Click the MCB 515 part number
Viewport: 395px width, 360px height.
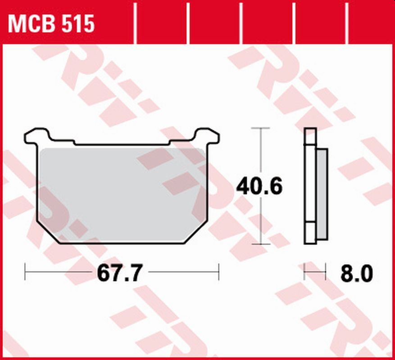(51, 24)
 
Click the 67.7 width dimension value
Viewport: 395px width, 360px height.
(120, 273)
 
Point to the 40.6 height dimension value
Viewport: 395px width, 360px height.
(260, 186)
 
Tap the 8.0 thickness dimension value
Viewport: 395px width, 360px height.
(357, 273)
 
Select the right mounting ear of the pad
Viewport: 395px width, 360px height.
(207, 135)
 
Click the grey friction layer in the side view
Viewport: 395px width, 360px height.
(322, 193)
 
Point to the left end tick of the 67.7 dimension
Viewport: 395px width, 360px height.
(25, 272)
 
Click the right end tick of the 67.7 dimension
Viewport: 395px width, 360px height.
(218, 272)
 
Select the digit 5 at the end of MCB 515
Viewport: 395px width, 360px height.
(88, 24)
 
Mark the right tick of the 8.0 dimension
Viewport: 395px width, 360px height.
(326, 272)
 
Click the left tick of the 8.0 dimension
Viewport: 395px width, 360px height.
(304, 272)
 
